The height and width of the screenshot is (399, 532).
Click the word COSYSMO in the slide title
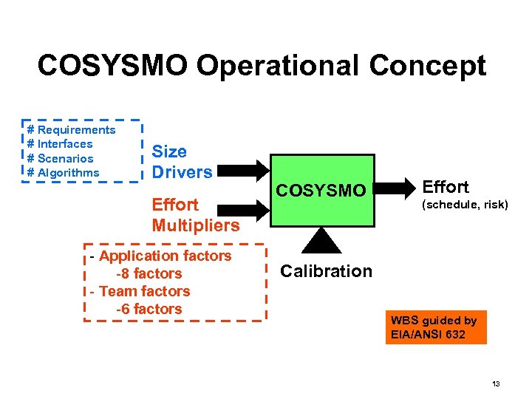112,66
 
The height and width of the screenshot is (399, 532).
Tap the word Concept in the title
428,66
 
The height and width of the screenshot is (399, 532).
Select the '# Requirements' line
71,130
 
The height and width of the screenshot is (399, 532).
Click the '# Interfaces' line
60,144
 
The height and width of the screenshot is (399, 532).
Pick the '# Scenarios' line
60,158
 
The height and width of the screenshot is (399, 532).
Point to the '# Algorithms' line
63,173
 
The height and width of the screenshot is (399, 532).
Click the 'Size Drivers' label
182,162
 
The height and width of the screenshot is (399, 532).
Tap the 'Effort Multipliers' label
195,215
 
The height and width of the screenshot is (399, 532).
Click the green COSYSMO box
321,191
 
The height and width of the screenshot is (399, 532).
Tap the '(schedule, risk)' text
465,205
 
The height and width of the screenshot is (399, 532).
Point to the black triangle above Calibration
320,239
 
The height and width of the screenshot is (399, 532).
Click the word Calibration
326,271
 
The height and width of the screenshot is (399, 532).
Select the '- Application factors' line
160,256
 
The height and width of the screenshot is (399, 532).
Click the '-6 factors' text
149,309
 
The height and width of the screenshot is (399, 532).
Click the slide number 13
496,383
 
